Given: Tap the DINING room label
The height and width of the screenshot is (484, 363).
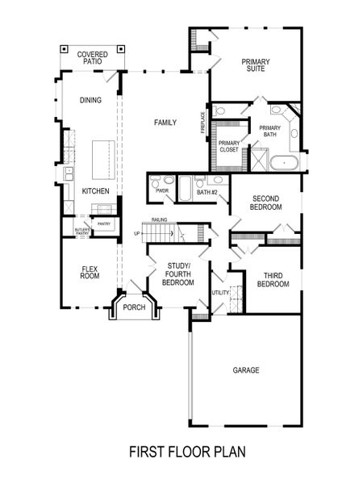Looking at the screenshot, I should point(90,101).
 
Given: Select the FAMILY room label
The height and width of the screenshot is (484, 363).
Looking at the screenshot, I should point(165,123).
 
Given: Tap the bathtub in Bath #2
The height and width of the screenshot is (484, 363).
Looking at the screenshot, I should point(186,189).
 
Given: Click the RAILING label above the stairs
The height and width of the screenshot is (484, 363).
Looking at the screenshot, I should point(158,219).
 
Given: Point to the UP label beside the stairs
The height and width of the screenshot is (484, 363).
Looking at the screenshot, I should point(138,233).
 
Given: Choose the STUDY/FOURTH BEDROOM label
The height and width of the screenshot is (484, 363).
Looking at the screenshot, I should point(177,273).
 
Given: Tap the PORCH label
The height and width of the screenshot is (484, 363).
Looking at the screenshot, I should point(134,307).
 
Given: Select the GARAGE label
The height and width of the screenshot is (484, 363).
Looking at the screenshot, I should point(246,370).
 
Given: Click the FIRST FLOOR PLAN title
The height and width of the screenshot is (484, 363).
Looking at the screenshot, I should point(186,453).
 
